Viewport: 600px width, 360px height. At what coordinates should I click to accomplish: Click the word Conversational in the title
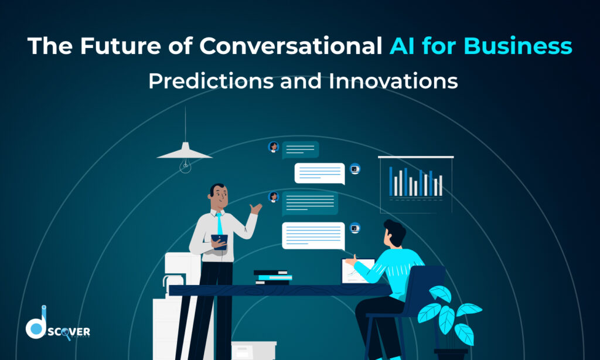(292, 46)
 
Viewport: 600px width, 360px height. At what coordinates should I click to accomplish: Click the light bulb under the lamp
(185, 167)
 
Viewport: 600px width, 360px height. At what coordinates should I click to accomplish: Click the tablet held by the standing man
(219, 240)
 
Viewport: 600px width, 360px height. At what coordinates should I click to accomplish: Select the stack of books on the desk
(272, 277)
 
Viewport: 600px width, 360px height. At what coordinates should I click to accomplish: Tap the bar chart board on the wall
(415, 184)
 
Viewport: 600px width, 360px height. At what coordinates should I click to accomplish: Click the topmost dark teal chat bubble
(300, 150)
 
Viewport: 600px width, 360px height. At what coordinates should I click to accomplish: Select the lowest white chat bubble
(313, 235)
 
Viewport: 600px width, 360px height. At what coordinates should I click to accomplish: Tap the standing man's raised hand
(255, 208)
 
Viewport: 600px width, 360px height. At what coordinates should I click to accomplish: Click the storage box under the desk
(253, 350)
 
